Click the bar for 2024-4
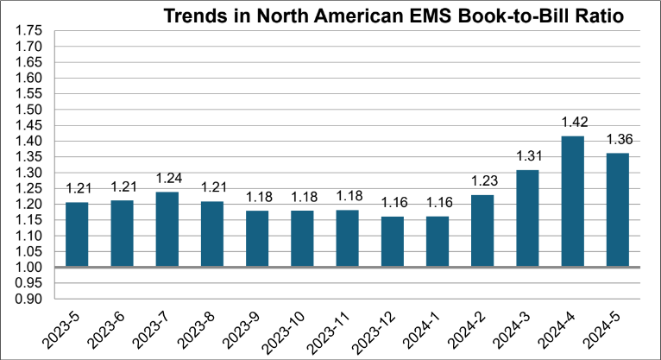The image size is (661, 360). point(572,201)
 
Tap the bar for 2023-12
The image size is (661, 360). point(393,242)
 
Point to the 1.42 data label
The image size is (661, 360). point(572,123)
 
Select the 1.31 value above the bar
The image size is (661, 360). point(527,156)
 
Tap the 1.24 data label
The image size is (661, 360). point(167,179)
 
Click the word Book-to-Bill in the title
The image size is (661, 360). point(479,16)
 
